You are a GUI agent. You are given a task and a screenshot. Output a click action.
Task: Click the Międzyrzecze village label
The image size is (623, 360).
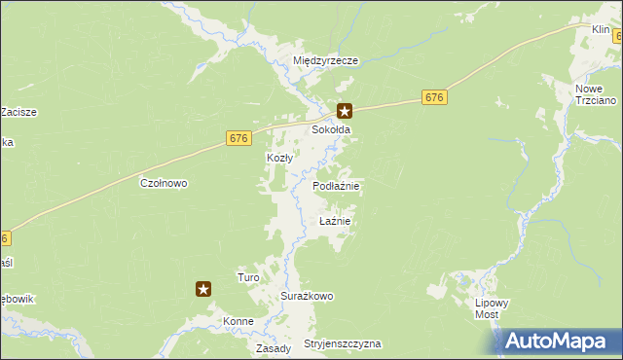pos(326,60)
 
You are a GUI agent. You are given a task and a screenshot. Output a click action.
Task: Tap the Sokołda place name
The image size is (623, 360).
pos(330,129)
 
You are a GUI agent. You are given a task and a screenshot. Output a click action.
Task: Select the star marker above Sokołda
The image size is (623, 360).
pos(344,112)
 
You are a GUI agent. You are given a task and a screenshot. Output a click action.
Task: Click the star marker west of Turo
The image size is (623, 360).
pos(203,288)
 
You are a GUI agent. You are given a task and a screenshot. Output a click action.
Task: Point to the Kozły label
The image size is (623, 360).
pos(279,158)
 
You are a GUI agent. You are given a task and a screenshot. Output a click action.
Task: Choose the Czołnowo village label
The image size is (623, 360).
pos(164,183)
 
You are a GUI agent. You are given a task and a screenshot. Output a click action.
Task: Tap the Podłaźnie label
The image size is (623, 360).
pos(337,186)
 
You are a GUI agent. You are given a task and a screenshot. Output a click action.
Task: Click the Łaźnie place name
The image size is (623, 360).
pos(334,221)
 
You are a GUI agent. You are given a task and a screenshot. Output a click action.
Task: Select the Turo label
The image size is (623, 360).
pos(248,277)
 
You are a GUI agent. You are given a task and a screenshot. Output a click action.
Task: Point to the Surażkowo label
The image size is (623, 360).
pos(308,296)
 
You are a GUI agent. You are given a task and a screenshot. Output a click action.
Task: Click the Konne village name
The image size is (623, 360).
pos(238,321)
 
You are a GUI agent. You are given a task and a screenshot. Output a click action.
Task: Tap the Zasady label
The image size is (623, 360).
pos(274,347)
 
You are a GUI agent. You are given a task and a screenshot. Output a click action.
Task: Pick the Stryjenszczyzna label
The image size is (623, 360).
pos(343,344)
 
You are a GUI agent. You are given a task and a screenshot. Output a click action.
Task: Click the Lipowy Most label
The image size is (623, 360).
pos(493,308)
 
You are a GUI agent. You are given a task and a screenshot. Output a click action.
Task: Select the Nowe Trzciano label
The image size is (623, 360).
pos(591,94)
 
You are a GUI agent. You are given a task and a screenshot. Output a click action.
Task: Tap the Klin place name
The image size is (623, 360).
pos(601,30)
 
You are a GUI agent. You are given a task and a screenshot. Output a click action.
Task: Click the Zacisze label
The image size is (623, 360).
pos(18,112)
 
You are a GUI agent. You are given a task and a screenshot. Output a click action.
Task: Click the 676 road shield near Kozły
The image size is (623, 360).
pos(238,138)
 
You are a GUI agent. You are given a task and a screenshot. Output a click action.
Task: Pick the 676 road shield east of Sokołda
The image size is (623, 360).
pos(435,97)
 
